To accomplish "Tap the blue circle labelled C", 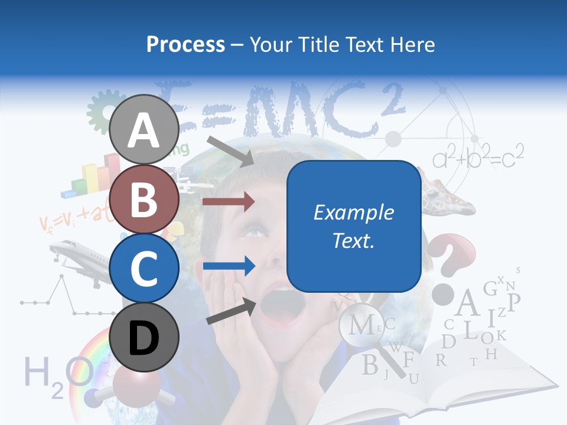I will (x=144, y=268).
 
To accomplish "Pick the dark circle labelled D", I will (x=144, y=337).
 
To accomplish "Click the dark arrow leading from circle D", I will (x=230, y=312).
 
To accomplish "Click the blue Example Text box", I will (x=354, y=226).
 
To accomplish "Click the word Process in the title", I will (x=185, y=44).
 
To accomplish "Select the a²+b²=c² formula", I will (x=478, y=157).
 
